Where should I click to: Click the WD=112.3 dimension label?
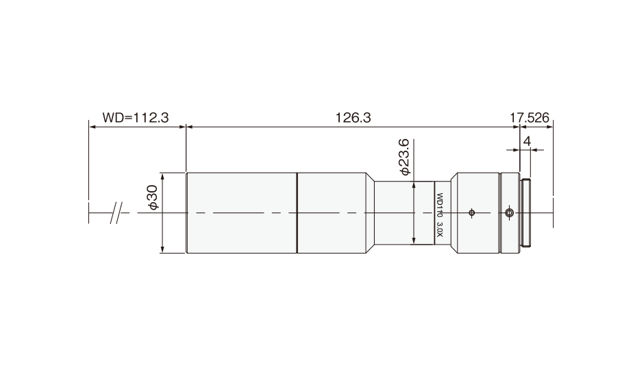pos(136,118)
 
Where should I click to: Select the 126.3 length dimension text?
pos(354,118)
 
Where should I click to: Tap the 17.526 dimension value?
pos(530,118)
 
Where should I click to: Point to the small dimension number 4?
pos(527,141)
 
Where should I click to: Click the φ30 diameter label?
pos(153,198)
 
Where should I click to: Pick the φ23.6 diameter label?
pos(404,158)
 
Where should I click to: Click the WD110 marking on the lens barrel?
pos(439,206)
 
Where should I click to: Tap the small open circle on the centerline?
pos(471,212)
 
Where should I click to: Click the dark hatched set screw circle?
pos(509,212)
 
